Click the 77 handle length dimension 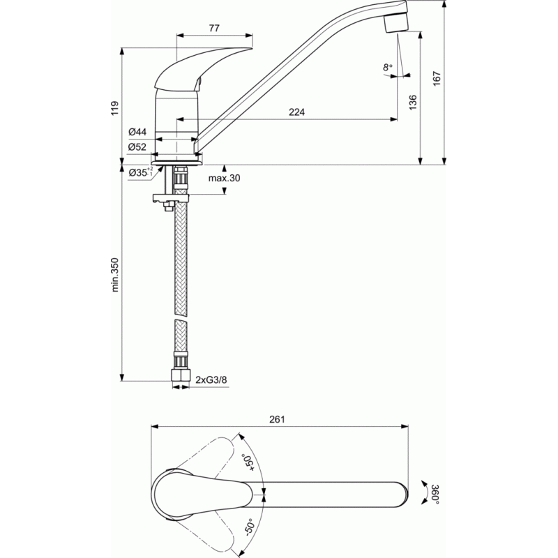point(214,28)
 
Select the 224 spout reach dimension point(296,112)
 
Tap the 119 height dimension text point(114,108)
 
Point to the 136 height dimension point(412,102)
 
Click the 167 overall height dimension point(437,78)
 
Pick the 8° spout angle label point(388,67)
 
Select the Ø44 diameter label point(137,132)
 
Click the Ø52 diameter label point(137,146)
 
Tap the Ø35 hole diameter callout point(141,172)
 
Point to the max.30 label point(224,178)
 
